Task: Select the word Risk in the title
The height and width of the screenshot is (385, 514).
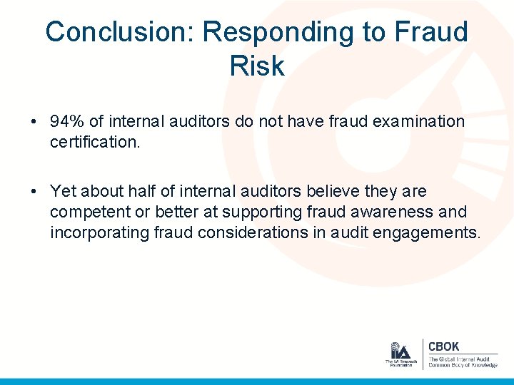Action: (x=257, y=66)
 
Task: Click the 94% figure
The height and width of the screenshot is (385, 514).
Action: (x=66, y=121)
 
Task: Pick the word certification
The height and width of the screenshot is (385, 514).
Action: (x=96, y=143)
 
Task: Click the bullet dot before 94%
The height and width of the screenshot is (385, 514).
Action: (x=34, y=122)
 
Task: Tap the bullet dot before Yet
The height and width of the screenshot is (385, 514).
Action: (x=34, y=192)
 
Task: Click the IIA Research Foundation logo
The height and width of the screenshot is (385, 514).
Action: (x=400, y=354)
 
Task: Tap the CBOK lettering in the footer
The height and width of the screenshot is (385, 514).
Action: (x=443, y=346)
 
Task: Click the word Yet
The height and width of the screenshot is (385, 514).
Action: (x=63, y=191)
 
